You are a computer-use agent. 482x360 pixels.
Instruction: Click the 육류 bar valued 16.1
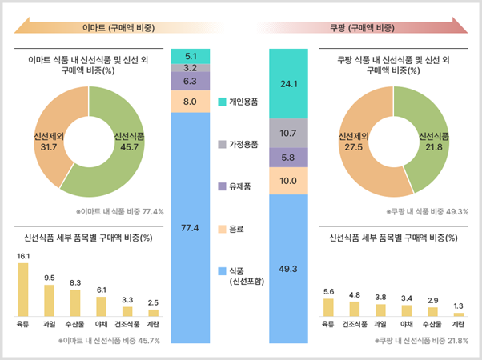(23, 290)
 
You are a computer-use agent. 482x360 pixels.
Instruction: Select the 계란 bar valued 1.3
(457, 314)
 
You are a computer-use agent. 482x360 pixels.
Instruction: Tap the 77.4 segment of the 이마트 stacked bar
(191, 228)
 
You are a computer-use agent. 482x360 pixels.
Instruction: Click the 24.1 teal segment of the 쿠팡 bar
(289, 83)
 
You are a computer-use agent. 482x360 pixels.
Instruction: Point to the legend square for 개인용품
(223, 102)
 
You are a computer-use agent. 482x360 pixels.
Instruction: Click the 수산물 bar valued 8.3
(75, 302)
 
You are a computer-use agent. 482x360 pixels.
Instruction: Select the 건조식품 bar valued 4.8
(355, 309)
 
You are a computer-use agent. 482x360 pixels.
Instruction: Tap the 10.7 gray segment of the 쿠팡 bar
(289, 132)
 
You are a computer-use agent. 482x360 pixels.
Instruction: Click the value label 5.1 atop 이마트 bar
(191, 56)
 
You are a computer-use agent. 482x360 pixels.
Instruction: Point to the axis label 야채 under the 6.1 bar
(101, 324)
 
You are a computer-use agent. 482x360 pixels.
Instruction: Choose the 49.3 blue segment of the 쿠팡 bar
(289, 268)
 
